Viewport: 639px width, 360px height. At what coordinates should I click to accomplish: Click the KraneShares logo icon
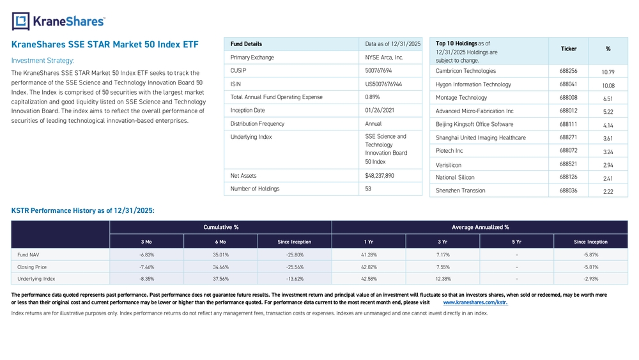point(20,21)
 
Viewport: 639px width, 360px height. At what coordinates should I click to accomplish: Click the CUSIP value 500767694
point(378,70)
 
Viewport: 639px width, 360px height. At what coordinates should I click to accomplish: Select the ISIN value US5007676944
point(383,84)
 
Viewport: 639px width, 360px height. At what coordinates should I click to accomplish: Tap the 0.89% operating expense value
point(373,97)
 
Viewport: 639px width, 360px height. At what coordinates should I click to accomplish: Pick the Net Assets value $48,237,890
point(380,176)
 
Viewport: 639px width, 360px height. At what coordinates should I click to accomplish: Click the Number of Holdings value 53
point(368,189)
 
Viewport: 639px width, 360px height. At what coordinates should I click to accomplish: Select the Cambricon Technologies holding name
point(465,71)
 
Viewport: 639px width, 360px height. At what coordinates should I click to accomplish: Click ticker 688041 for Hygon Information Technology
point(568,84)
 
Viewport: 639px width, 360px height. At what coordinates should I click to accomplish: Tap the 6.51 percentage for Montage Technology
point(608,98)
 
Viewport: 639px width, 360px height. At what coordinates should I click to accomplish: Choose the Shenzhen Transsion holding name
point(460,191)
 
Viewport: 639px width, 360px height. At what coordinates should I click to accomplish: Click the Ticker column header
point(568,49)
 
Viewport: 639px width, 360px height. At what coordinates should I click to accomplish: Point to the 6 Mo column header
point(220,242)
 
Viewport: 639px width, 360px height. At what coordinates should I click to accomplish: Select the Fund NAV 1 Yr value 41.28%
point(368,254)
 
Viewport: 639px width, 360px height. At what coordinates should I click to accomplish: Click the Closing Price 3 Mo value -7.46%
point(146,267)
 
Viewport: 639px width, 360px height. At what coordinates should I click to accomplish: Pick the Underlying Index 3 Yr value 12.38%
point(443,279)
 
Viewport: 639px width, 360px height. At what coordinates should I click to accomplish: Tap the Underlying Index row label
point(36,279)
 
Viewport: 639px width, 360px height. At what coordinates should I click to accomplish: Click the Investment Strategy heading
point(43,61)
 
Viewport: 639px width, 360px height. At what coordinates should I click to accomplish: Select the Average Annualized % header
point(480,227)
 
